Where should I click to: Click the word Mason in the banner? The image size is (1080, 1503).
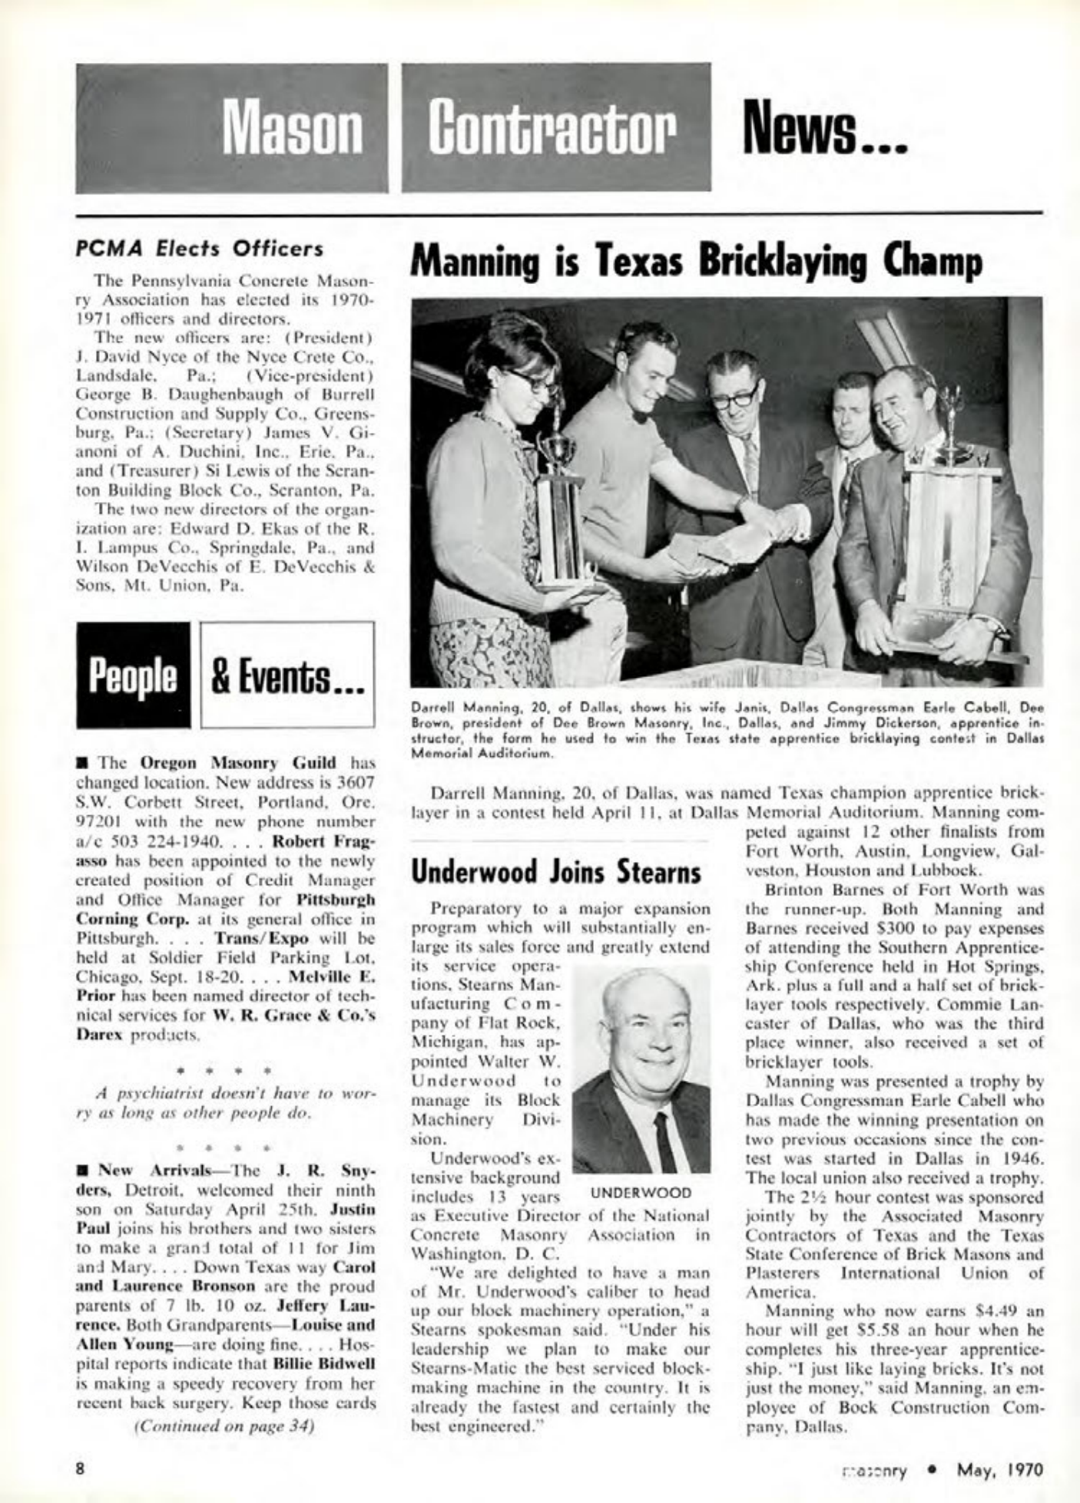click(x=293, y=130)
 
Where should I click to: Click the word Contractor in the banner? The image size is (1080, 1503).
click(x=555, y=130)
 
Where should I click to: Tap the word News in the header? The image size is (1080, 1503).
click(x=817, y=130)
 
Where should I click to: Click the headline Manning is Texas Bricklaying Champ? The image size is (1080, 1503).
click(x=697, y=262)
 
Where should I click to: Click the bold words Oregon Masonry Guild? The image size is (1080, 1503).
click(x=238, y=763)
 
